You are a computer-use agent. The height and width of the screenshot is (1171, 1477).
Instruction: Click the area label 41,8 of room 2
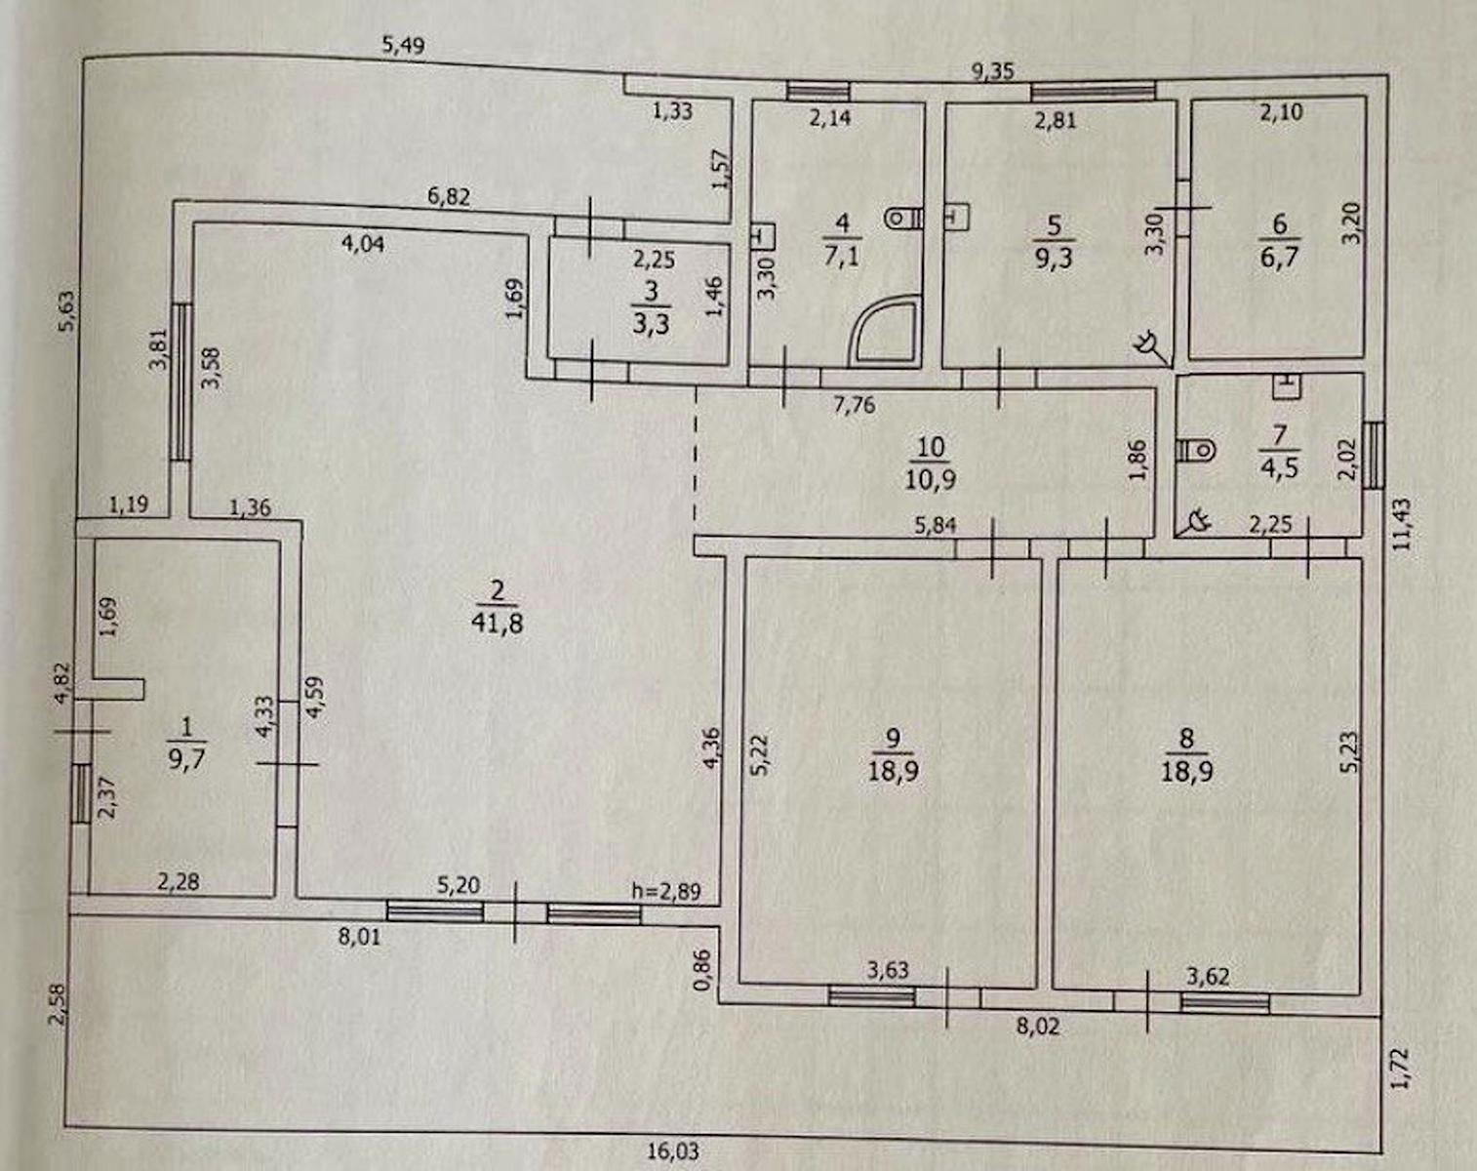click(x=498, y=623)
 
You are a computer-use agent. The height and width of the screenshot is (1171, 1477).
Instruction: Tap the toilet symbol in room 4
click(x=903, y=220)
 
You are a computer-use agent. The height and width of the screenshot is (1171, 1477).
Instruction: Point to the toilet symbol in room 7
click(x=1196, y=451)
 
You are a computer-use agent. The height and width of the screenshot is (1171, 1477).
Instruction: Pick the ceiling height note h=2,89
click(x=665, y=892)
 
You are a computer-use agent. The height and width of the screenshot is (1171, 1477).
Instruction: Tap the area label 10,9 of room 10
click(x=930, y=479)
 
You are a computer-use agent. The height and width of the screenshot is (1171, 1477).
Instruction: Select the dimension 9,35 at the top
click(x=994, y=72)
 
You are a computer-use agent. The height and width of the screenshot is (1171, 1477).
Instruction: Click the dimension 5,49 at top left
click(x=404, y=46)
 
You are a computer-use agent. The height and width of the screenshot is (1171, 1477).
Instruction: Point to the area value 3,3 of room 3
click(x=650, y=323)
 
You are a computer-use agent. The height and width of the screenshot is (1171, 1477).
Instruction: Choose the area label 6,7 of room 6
click(x=1279, y=260)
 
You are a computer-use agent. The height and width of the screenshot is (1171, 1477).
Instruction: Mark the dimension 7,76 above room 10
click(x=855, y=405)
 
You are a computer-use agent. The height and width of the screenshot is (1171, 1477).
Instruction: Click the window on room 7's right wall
click(x=1374, y=455)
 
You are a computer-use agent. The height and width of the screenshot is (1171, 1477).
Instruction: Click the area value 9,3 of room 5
click(x=1054, y=261)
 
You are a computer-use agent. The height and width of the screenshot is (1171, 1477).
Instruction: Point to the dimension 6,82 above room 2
click(x=449, y=197)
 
